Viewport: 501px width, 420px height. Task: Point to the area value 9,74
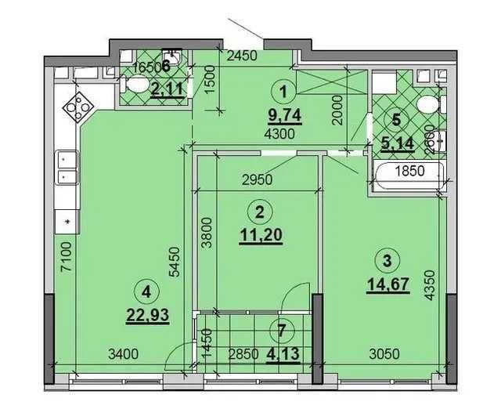[285, 116]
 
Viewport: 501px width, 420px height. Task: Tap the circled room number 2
[258, 209]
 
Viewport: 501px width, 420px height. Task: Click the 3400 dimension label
[123, 353]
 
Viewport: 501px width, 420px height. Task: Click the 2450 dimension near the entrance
[242, 56]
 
